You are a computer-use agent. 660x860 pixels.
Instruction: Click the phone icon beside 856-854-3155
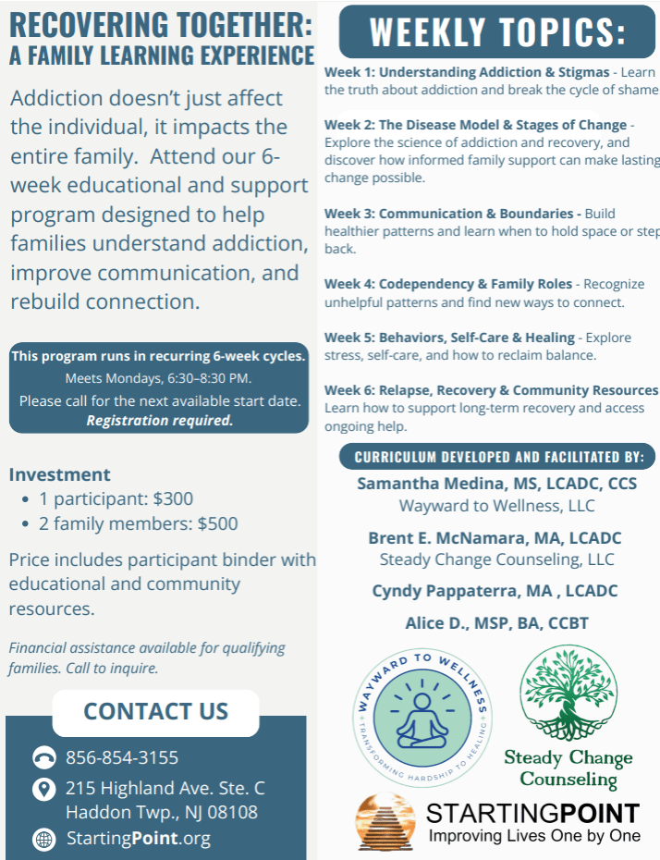pyautogui.click(x=43, y=758)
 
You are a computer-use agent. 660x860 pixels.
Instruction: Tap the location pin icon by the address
pyautogui.click(x=43, y=790)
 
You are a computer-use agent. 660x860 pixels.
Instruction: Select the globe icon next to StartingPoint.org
pyautogui.click(x=43, y=840)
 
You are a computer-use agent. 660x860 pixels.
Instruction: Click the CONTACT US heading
pyautogui.click(x=155, y=711)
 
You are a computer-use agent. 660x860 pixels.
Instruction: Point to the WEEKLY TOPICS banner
pyautogui.click(x=497, y=31)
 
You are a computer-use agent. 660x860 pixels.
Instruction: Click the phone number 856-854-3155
pyautogui.click(x=122, y=758)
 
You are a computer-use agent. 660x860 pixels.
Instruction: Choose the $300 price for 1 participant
pyautogui.click(x=173, y=499)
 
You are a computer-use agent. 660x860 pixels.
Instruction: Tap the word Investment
pyautogui.click(x=60, y=474)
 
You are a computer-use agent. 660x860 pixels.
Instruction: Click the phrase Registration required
pyautogui.click(x=159, y=421)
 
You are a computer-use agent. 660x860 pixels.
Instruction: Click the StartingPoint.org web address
pyautogui.click(x=139, y=840)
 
